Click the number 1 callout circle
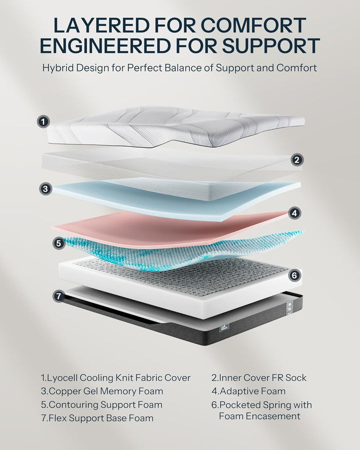click(44, 121)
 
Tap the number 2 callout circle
click(296, 160)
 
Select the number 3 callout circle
click(45, 188)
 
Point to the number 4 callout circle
click(295, 212)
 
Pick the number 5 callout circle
click(59, 243)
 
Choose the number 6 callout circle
click(294, 274)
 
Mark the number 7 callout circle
click(59, 296)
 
